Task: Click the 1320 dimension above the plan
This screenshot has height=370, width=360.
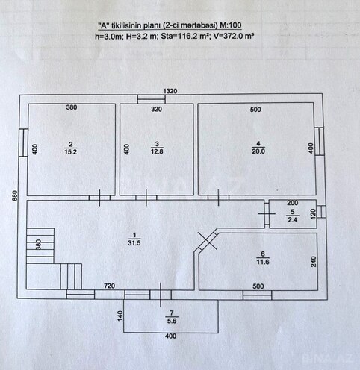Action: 170,91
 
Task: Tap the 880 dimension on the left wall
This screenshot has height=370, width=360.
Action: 15,195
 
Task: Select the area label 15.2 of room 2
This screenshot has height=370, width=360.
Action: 70,151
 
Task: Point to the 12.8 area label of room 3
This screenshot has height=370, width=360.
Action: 157,151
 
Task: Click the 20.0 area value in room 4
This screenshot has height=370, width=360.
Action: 258,151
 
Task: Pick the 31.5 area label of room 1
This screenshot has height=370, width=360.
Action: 134,243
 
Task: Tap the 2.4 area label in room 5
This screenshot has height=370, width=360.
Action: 292,220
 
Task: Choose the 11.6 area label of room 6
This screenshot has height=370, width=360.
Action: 263,262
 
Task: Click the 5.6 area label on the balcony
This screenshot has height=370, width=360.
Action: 172,321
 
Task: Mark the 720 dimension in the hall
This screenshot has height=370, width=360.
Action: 109,286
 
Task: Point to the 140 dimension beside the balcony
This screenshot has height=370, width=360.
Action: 120,316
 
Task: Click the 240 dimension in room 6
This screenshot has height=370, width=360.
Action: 314,262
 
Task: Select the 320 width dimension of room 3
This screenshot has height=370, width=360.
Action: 156,109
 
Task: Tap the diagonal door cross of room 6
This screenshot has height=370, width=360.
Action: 208,241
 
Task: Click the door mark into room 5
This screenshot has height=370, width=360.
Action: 267,213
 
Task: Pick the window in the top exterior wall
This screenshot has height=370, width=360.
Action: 152,99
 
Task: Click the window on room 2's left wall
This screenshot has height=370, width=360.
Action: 24,142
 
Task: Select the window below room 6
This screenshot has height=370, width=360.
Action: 257,295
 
